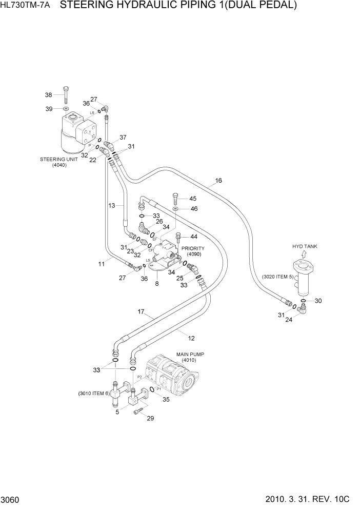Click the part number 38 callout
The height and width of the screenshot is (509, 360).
click(49, 94)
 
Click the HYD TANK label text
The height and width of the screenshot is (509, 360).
click(305, 246)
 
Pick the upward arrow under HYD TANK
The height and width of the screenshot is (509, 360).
click(304, 254)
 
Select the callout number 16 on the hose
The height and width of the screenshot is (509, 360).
click(218, 181)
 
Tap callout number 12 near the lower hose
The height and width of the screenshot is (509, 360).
click(191, 338)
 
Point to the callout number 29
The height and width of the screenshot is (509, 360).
click(150, 419)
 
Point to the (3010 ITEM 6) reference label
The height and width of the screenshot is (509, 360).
click(94, 394)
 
